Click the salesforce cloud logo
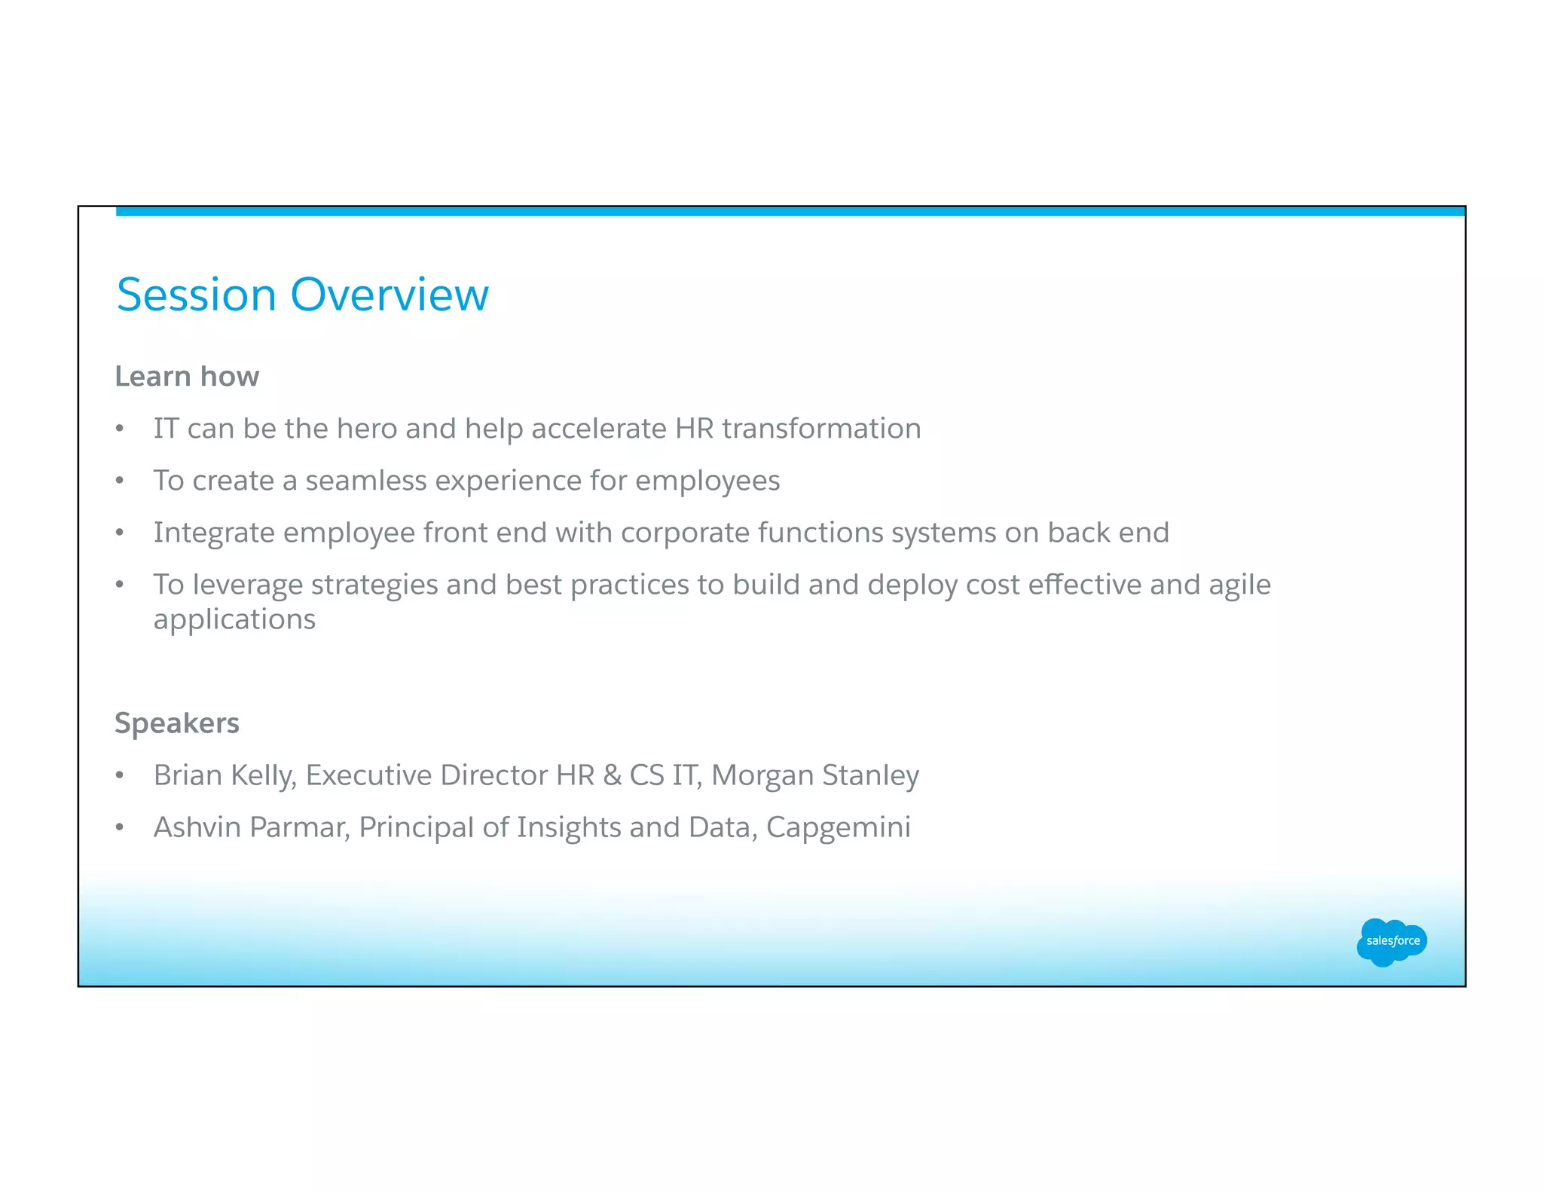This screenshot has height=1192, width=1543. tap(1392, 942)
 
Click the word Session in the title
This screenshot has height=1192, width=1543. tap(197, 295)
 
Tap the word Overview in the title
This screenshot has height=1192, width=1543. tap(390, 295)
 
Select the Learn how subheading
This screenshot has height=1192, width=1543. tap(187, 377)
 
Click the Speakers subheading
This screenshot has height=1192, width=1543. tap(177, 723)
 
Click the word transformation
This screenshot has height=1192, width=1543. tap(821, 429)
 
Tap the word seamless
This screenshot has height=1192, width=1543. tap(366, 481)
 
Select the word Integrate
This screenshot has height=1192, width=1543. tap(214, 533)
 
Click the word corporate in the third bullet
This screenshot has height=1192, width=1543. tap(685, 533)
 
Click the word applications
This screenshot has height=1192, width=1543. tap(234, 620)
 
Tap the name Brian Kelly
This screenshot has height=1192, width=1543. tap(224, 775)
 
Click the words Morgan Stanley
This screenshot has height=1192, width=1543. tap(815, 775)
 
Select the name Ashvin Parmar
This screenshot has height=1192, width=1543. tap(252, 827)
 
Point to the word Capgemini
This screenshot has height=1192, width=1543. tap(839, 827)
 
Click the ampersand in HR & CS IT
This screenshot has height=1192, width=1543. tap(613, 775)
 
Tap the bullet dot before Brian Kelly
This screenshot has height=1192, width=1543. tap(120, 776)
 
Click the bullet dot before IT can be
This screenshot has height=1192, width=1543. tap(120, 429)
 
